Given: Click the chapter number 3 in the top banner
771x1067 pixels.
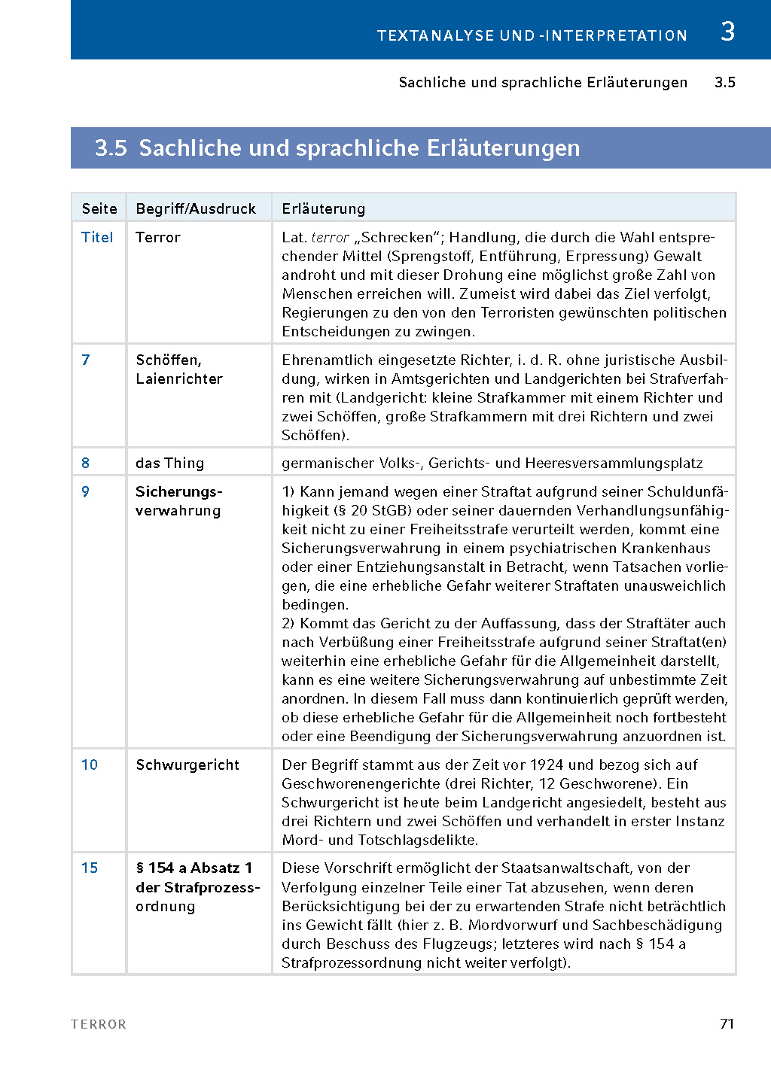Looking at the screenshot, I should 727,32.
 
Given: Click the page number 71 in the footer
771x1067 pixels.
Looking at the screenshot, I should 727,1023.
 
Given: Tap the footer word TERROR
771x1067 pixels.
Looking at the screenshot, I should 99,1024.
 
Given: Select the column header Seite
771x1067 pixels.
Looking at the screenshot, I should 99,208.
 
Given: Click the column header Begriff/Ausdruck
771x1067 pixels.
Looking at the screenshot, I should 196,208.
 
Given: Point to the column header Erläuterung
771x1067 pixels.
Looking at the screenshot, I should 323,208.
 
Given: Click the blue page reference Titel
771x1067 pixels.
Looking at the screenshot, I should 97,237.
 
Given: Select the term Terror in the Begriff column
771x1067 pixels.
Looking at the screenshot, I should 158,237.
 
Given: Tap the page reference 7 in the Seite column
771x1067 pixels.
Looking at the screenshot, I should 86,360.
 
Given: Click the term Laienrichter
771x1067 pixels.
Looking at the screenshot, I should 179,378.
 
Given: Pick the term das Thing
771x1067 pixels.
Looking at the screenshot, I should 169,463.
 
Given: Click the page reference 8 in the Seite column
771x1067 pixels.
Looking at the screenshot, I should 86,463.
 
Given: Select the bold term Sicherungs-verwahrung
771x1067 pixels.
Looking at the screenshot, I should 178,501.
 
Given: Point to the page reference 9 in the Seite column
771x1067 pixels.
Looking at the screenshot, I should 86,491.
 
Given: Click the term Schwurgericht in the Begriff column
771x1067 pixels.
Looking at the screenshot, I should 187,765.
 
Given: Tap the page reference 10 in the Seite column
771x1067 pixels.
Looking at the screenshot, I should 90,765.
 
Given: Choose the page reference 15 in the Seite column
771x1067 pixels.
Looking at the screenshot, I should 90,868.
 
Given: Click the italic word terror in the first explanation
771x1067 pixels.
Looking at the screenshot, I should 331,237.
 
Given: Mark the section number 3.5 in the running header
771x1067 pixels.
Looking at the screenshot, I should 724,82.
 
